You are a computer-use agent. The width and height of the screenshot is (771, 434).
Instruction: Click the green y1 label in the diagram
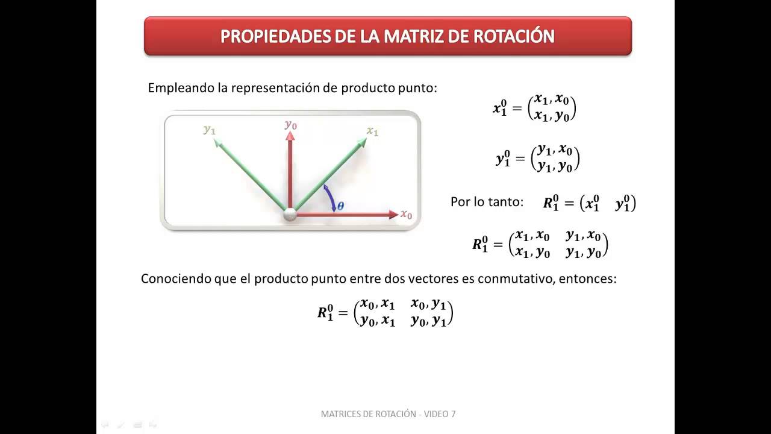click(210, 129)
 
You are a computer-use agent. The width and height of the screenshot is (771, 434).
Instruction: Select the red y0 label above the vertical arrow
click(291, 125)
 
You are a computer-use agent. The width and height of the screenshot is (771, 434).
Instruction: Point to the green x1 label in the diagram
click(373, 131)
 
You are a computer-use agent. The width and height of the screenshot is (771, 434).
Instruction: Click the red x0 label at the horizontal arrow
click(407, 215)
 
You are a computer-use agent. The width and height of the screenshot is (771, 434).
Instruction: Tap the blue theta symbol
click(340, 206)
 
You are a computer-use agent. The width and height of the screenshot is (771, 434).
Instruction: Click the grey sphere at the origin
click(290, 214)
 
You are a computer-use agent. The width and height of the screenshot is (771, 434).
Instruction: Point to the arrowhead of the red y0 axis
click(290, 136)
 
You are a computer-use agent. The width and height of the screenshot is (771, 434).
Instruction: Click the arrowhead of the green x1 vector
click(362, 142)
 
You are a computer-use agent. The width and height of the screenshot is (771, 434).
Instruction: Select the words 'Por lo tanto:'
click(487, 202)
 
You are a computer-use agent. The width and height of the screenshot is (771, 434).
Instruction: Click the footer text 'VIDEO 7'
click(440, 414)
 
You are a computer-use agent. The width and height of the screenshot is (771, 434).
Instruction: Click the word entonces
click(588, 279)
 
